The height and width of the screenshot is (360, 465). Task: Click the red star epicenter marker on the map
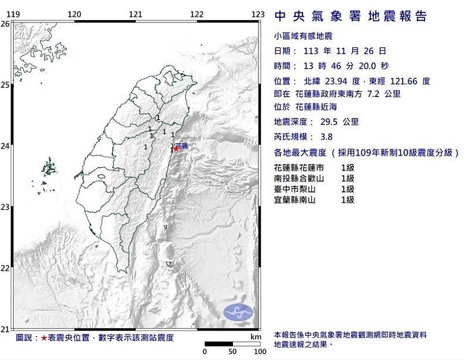[176, 149]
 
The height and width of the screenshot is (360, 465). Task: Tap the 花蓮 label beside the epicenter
[182, 145]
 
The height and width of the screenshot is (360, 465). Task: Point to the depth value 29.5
[329, 122]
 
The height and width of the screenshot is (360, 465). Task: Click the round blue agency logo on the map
[238, 312]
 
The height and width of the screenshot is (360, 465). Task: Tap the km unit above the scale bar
[256, 336]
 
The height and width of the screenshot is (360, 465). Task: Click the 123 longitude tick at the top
[258, 14]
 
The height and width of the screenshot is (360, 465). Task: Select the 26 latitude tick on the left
[5, 24]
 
